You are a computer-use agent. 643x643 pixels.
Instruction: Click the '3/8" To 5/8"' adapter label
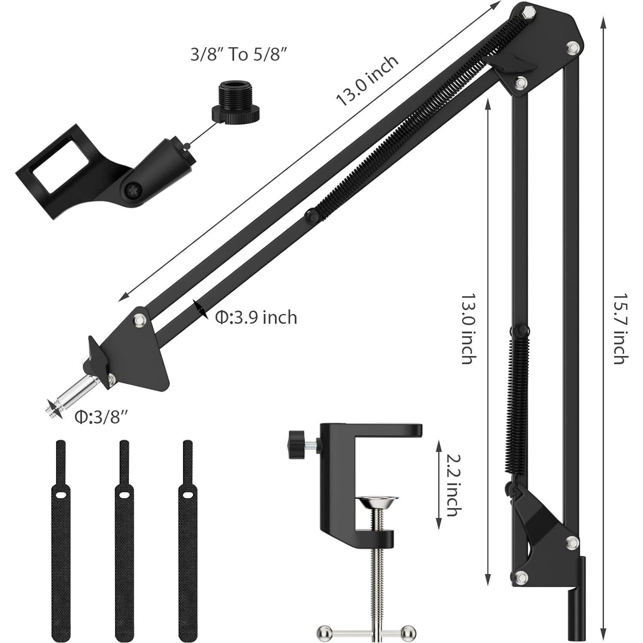click(238, 55)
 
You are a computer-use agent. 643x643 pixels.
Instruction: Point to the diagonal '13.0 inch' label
click(367, 80)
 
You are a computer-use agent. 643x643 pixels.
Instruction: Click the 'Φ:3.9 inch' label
click(256, 317)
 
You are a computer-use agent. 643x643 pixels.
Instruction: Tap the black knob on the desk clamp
click(296, 442)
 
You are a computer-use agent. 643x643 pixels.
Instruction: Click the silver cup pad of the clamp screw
click(379, 502)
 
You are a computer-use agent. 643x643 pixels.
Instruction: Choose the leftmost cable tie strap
click(60, 541)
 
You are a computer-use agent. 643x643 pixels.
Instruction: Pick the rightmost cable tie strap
click(187, 541)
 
